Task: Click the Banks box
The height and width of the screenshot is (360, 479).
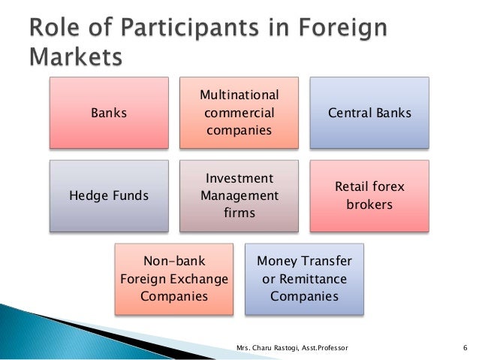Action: coord(109,113)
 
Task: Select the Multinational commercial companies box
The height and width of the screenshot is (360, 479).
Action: coord(239,113)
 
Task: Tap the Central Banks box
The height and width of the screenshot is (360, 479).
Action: coord(369,113)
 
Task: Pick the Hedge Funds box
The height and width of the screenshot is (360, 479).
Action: coord(109,196)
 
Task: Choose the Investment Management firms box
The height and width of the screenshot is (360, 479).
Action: coord(239,196)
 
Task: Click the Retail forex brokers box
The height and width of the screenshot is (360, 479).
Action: coord(369,195)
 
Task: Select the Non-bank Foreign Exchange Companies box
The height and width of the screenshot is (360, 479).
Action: coord(174,279)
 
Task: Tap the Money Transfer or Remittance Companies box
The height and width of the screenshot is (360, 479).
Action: coord(304,279)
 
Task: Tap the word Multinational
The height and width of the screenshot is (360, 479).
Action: coord(239,95)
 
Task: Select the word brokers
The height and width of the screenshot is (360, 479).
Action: coord(369,204)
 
